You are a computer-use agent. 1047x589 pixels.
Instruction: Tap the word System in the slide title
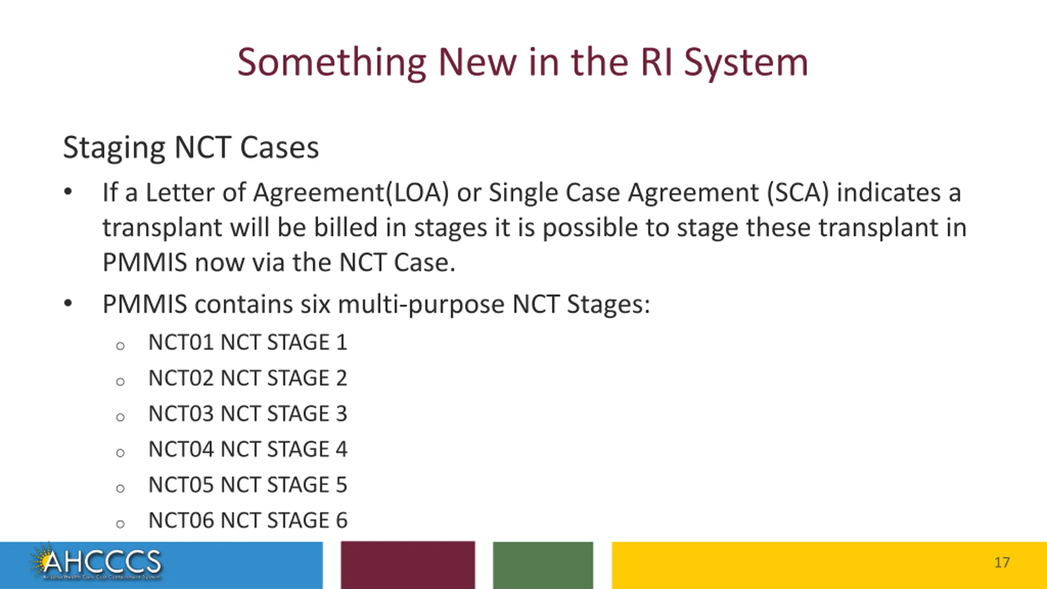pyautogui.click(x=746, y=63)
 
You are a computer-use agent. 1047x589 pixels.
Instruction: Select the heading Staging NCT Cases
pyautogui.click(x=191, y=147)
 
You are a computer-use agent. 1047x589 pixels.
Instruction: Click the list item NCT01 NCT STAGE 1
pyautogui.click(x=247, y=342)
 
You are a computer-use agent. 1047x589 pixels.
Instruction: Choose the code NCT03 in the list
pyautogui.click(x=181, y=414)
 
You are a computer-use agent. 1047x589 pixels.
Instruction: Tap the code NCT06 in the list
pyautogui.click(x=181, y=520)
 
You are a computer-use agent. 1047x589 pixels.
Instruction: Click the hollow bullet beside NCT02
pyautogui.click(x=120, y=382)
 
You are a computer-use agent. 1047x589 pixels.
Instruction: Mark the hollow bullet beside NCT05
pyautogui.click(x=120, y=488)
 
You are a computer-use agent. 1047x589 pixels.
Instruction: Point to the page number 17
pyautogui.click(x=1002, y=563)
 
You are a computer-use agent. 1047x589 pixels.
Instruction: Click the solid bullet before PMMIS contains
pyautogui.click(x=68, y=303)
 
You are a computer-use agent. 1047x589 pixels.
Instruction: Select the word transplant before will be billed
pyautogui.click(x=162, y=227)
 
